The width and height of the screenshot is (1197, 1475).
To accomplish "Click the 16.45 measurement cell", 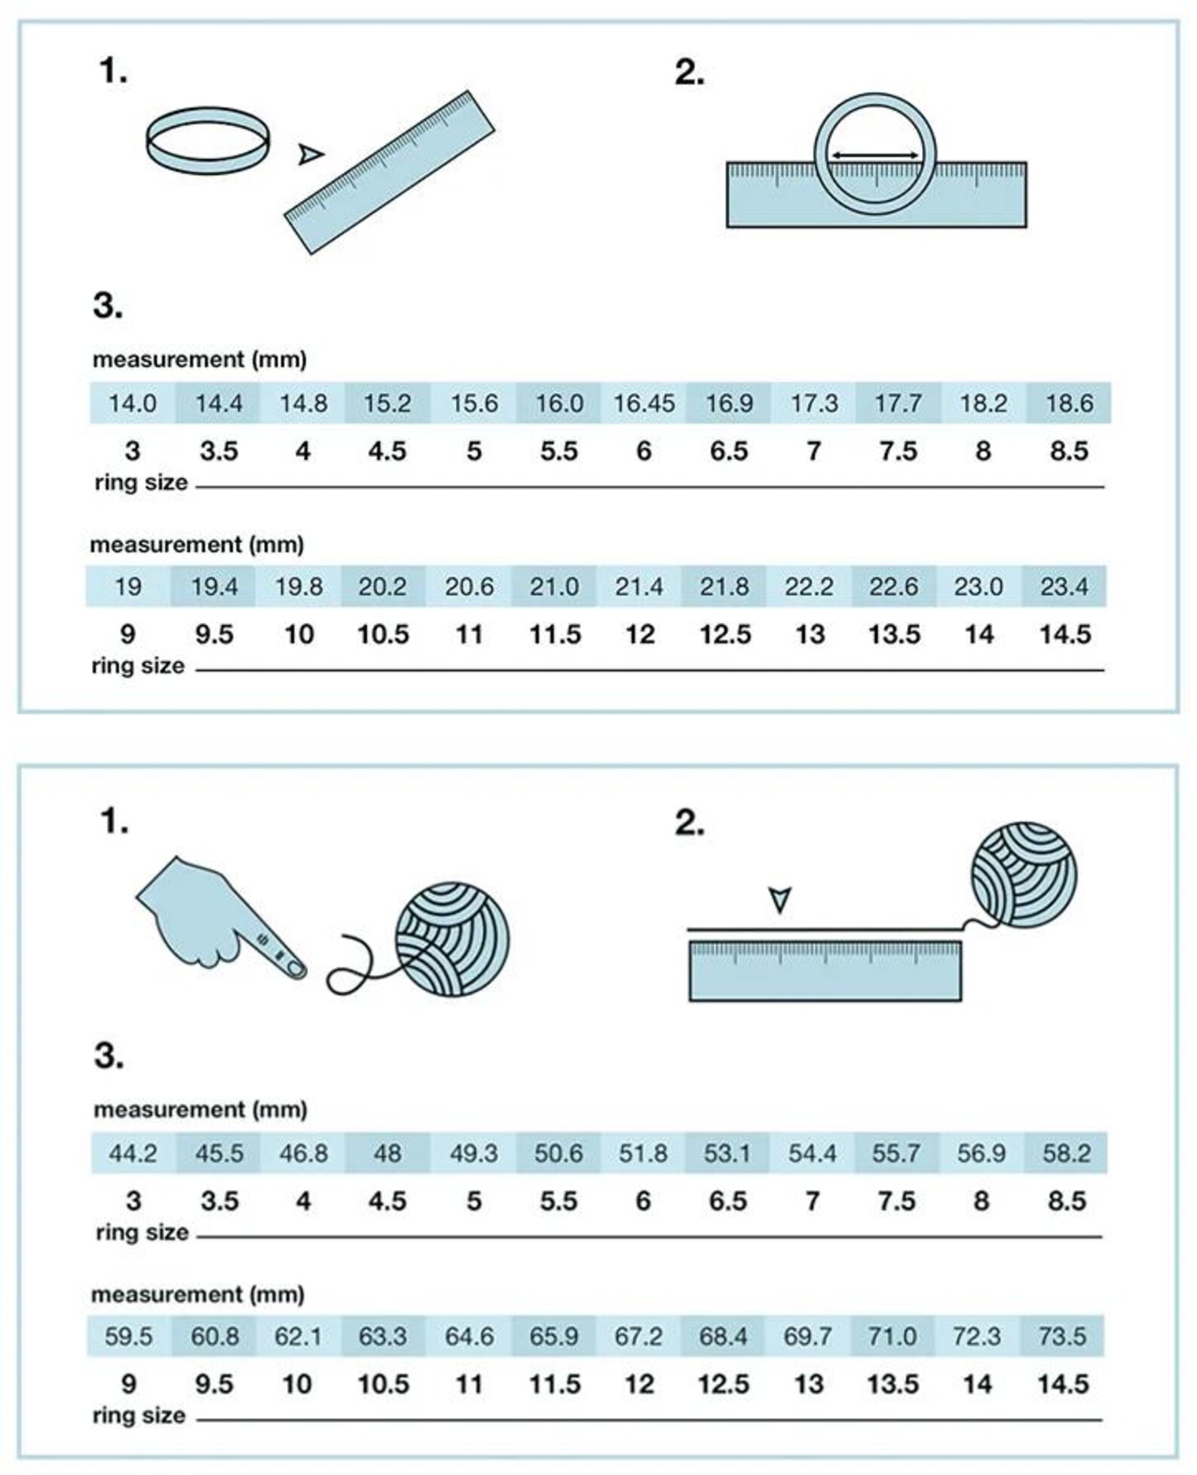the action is point(643,403).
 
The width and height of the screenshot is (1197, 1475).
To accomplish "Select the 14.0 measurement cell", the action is point(133,403).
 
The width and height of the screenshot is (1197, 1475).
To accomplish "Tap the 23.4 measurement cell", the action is point(1064,586).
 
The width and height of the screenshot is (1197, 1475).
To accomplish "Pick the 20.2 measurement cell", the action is point(383,586).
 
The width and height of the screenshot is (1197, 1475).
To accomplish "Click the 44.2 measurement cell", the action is point(133,1153).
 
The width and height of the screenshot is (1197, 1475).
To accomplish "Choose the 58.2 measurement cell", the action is point(1066,1153).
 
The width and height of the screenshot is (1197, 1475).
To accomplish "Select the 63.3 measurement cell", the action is point(383,1335).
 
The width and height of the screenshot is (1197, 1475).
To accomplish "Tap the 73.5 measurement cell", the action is point(1062,1335).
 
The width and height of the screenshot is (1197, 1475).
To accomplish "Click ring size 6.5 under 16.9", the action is point(728,451).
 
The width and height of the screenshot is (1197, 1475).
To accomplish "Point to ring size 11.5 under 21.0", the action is point(555,634).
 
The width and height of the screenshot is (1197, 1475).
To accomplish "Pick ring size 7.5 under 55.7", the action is point(896,1201).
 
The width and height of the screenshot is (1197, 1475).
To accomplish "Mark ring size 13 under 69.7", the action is point(809,1384).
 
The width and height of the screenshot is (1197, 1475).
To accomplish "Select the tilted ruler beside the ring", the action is point(389,173).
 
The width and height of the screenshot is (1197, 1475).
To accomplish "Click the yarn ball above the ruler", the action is point(1023,875).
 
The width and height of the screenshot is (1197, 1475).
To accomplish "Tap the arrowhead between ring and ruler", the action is point(310,155).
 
